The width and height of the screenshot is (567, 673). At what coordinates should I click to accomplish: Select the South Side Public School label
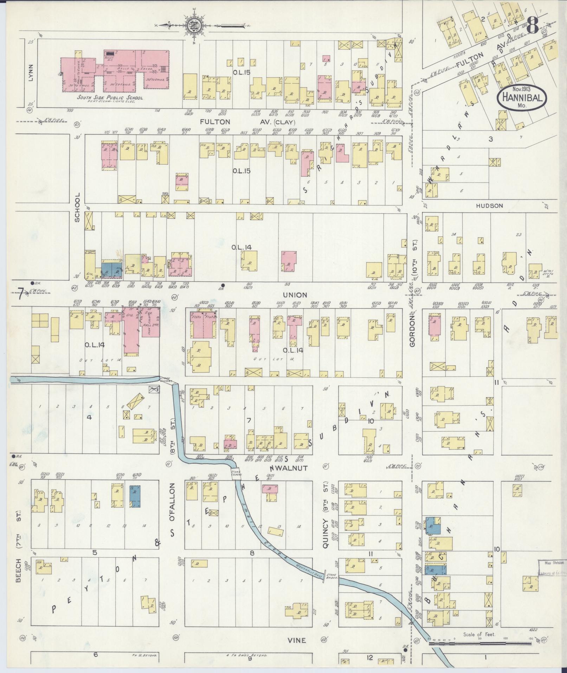tap(110, 98)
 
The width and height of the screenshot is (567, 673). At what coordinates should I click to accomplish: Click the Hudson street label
tap(490, 206)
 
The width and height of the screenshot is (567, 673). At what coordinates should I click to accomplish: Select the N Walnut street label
tap(294, 468)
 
